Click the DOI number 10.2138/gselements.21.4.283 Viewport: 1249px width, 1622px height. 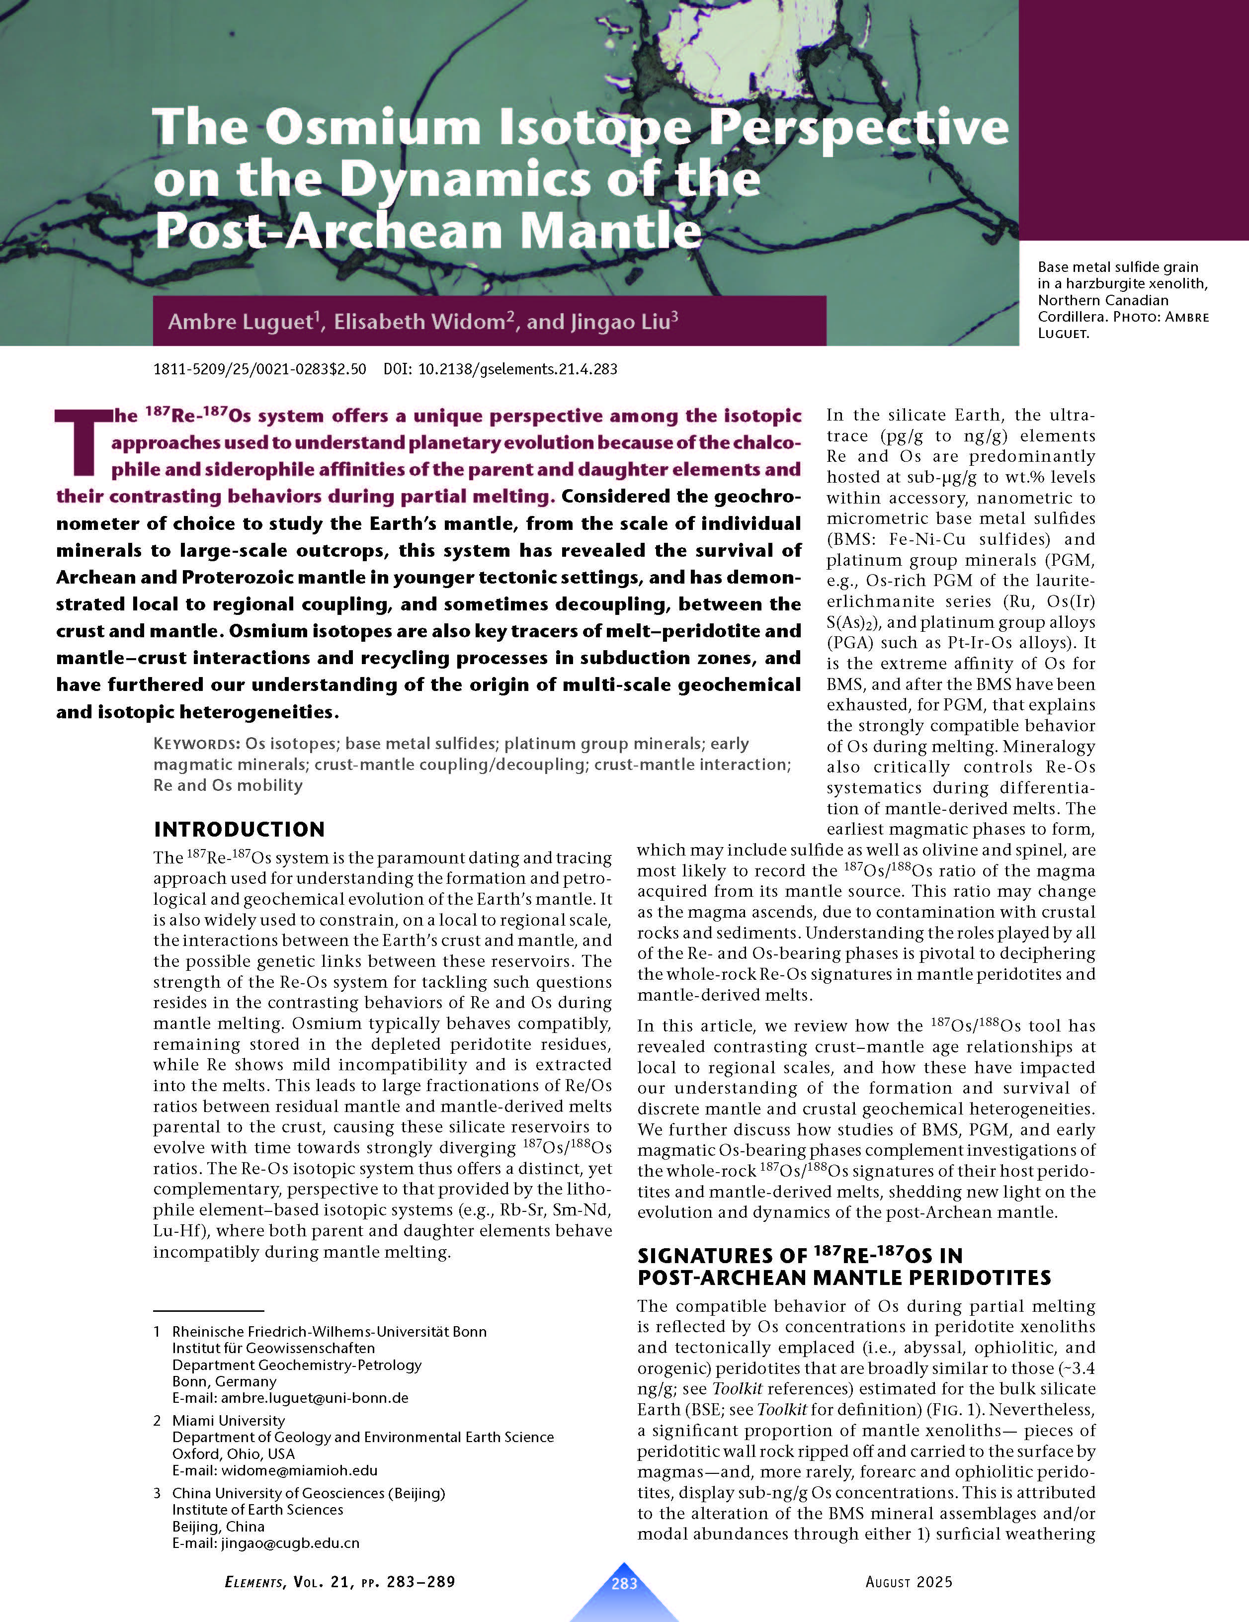tap(517, 369)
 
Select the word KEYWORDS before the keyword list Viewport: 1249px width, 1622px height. tap(196, 744)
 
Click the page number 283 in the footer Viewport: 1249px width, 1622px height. tap(624, 1583)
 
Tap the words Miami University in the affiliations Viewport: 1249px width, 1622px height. tap(228, 1421)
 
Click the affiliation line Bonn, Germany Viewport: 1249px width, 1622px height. tap(224, 1381)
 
